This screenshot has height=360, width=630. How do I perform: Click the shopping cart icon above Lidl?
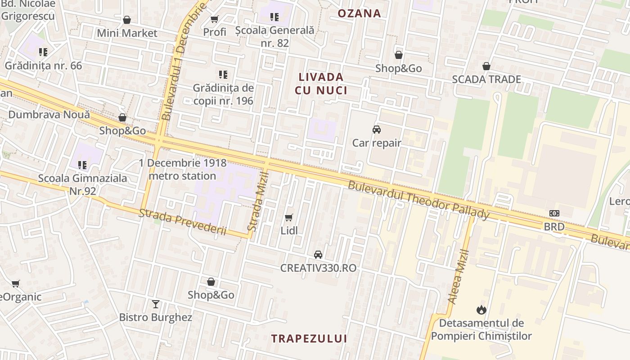tap(289, 218)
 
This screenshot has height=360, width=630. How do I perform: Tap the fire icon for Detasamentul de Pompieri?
tap(481, 310)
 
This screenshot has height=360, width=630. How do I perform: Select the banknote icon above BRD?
tap(554, 213)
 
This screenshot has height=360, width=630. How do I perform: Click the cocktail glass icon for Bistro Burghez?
tap(156, 304)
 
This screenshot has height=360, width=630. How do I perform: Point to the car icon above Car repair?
tap(377, 130)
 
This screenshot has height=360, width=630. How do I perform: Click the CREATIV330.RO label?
tap(318, 268)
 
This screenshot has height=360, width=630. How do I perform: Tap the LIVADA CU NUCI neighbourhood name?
tap(321, 84)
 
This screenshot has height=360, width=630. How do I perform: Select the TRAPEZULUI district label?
tap(309, 339)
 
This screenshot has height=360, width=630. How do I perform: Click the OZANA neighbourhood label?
tap(359, 13)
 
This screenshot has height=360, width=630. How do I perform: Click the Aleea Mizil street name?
tap(459, 277)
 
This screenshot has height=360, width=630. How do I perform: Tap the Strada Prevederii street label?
tap(182, 222)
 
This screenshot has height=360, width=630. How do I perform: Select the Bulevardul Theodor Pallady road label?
tap(418, 200)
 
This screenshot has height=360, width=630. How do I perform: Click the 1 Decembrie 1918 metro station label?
tap(182, 169)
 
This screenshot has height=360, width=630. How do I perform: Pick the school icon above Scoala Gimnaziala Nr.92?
tap(82, 165)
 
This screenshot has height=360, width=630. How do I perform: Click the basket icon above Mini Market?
tap(127, 20)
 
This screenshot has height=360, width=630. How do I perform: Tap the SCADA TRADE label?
tap(486, 80)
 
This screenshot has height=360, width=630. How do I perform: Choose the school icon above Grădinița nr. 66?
tap(43, 52)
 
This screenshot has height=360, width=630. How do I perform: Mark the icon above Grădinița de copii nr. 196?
tap(223, 74)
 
